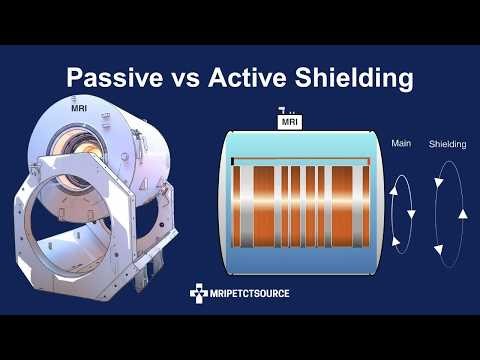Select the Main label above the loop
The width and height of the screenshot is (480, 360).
pos(402,143)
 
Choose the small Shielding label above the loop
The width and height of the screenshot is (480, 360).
pos(447,143)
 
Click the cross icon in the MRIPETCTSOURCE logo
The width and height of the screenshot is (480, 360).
pos(198,294)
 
